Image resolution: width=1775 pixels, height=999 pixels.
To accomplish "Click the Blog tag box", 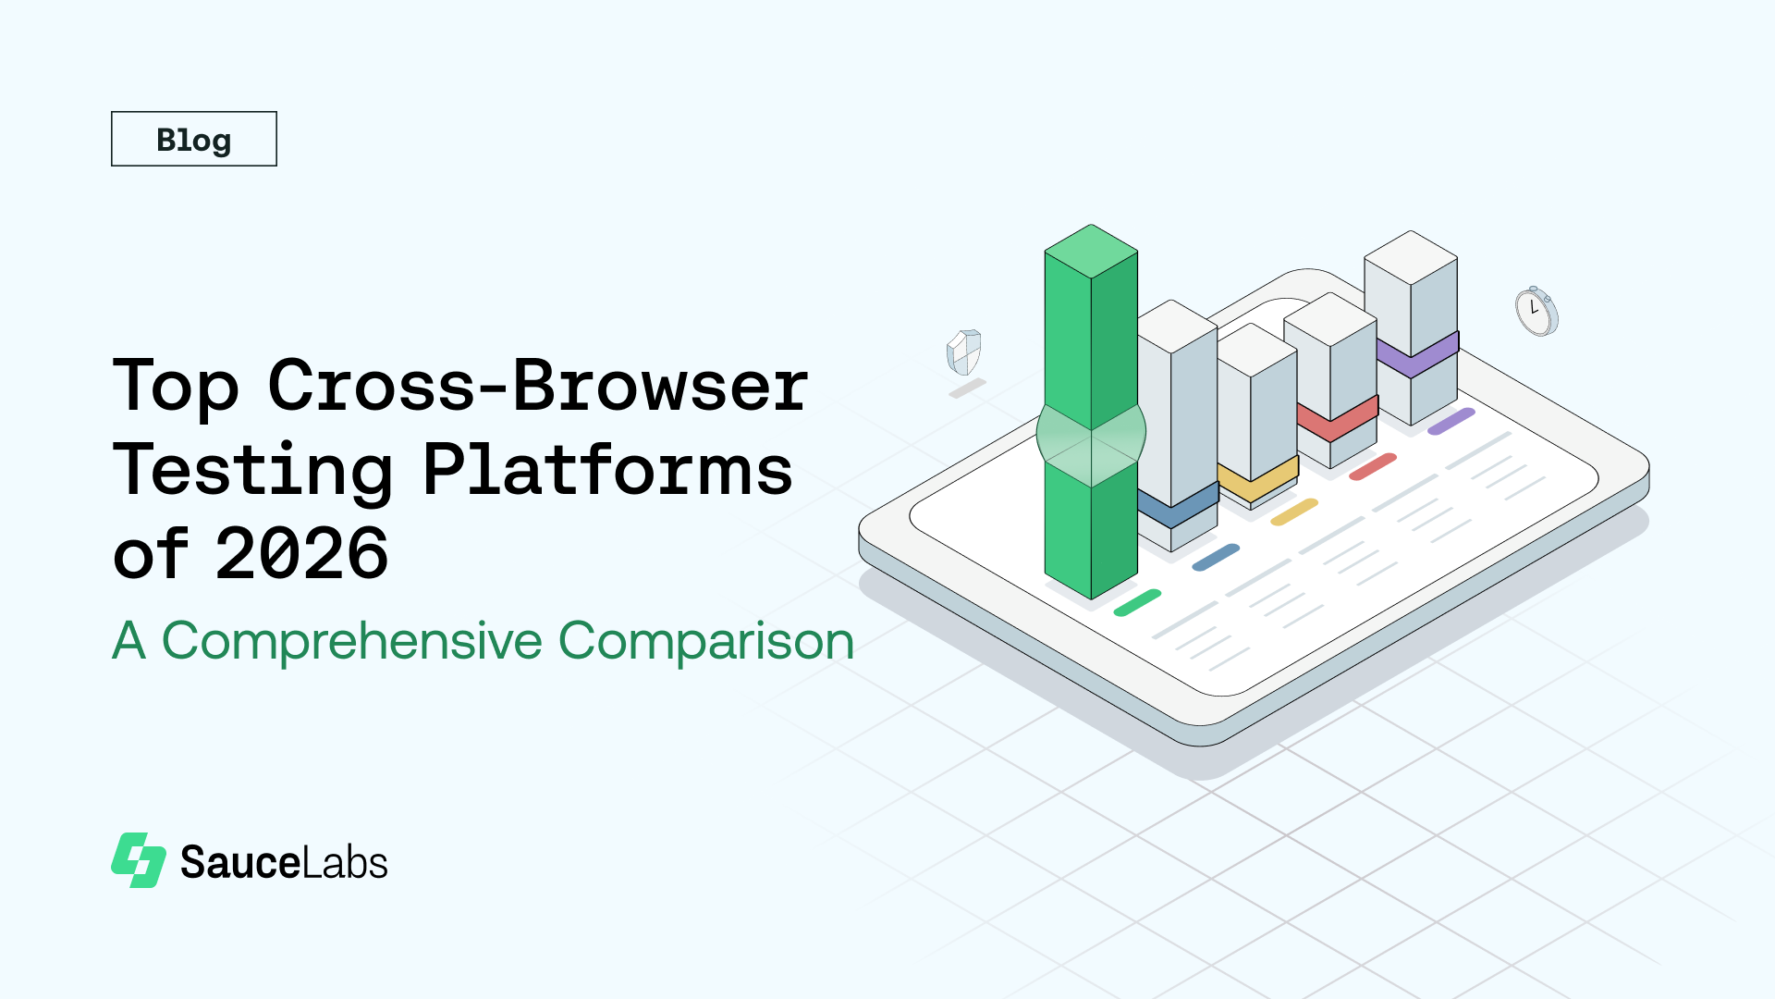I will pos(194,139).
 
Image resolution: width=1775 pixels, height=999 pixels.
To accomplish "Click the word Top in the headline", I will pos(176,387).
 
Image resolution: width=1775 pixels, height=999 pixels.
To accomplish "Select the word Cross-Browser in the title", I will pos(538,385).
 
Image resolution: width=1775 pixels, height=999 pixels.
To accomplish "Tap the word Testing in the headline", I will pos(252,470).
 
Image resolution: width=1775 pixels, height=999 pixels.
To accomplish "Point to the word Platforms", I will pos(607,469).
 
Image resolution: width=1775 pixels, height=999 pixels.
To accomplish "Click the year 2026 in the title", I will pos(301,553).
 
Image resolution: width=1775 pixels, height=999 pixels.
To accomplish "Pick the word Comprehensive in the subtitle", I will pos(351,640).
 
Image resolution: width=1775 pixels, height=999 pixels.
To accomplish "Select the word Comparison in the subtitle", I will pos(706,640).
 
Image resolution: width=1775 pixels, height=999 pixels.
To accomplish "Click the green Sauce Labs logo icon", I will pos(139,860).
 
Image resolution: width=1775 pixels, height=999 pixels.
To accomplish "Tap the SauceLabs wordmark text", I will pos(284,862).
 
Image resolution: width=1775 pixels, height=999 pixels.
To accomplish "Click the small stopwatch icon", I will pos(1536,311).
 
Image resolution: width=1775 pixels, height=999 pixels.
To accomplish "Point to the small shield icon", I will pos(963,351).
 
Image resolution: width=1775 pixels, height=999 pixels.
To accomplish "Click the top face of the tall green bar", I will pos(1091,251).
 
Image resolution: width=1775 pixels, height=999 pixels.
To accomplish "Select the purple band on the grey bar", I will pos(1417,354).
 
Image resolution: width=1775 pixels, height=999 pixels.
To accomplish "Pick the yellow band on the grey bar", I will pos(1257,479).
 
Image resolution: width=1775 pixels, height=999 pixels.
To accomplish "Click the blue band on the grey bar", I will pos(1178,508).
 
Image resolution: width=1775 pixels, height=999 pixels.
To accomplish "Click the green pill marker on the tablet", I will pos(1137,602).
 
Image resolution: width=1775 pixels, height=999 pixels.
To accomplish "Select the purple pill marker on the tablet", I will pos(1451,421).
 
